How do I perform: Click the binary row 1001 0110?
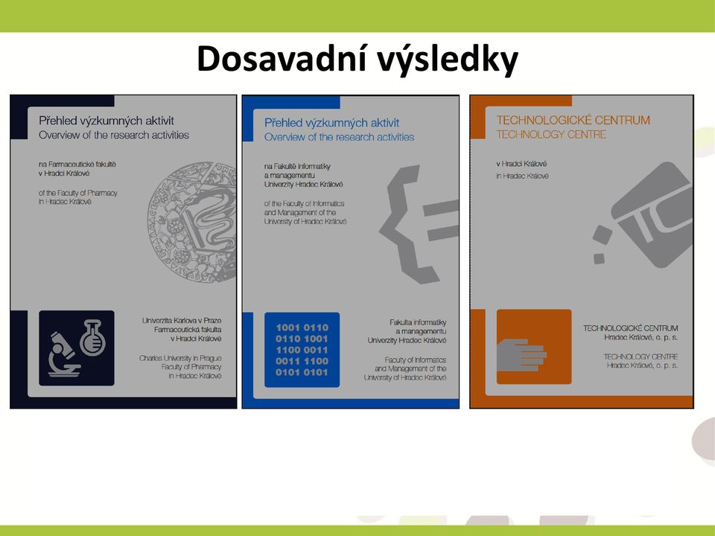[302, 328]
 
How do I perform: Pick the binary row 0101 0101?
[302, 372]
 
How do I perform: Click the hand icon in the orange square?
[521, 354]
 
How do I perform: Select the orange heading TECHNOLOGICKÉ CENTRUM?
[573, 121]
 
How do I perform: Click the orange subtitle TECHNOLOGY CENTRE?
[551, 135]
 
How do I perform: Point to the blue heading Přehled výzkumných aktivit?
[331, 123]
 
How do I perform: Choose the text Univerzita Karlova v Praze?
[182, 320]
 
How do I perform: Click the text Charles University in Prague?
[180, 358]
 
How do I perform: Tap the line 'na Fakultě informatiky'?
[297, 166]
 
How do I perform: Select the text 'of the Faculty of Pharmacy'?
[78, 193]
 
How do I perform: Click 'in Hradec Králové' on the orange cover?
[523, 176]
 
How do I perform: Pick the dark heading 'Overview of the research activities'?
[113, 135]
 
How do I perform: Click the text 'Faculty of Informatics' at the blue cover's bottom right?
[416, 360]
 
